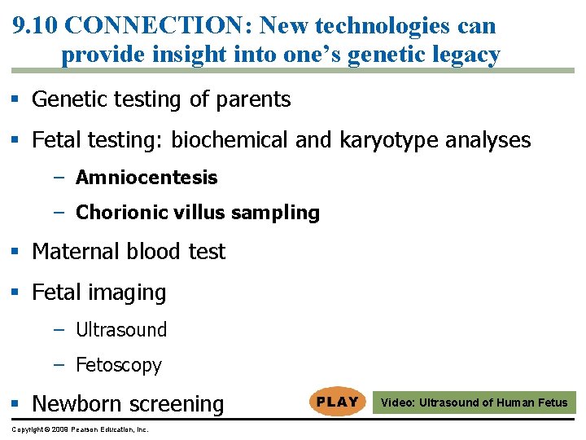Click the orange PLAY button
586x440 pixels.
tap(337, 402)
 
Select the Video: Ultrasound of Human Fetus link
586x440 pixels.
tap(474, 403)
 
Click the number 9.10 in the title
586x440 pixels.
tap(35, 25)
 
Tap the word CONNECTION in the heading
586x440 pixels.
tap(160, 25)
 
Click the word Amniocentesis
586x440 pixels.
tap(146, 178)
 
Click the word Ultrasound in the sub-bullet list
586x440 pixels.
tap(121, 330)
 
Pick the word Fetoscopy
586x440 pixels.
tap(119, 365)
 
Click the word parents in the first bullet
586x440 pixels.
tap(252, 99)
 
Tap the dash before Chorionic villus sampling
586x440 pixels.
tap(59, 213)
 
